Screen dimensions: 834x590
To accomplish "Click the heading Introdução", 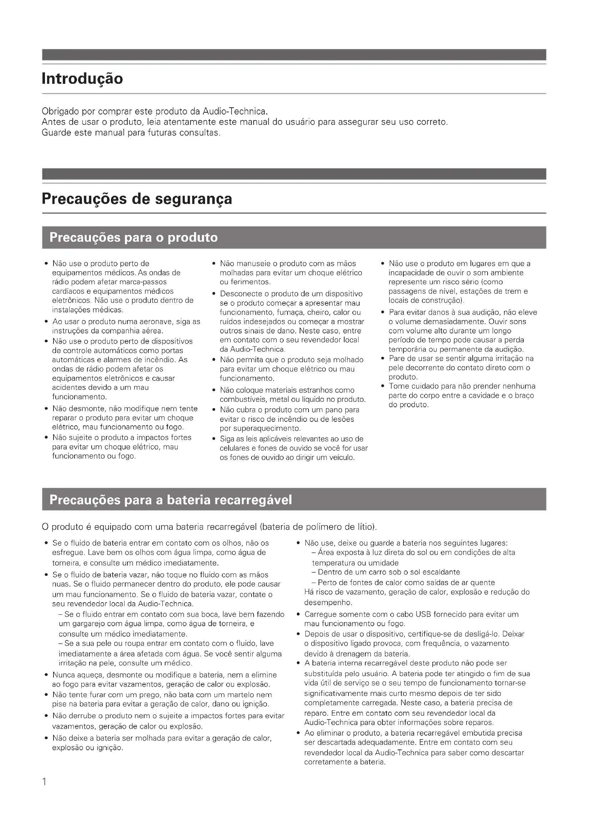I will [82, 79].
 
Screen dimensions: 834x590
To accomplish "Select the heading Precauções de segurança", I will [137, 199].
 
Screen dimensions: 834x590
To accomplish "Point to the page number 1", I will [44, 782].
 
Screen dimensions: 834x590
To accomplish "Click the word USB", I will [423, 614].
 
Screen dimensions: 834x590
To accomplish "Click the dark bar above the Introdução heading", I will [294, 55].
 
